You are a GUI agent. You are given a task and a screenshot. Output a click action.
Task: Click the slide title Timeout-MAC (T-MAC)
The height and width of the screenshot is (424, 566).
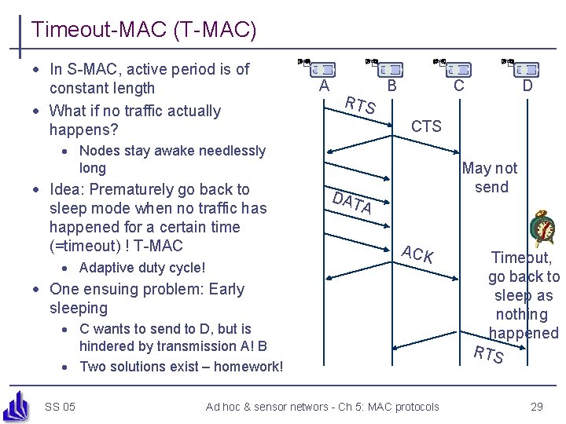coord(144,31)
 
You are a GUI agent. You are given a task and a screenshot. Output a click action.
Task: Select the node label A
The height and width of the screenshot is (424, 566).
coord(324,86)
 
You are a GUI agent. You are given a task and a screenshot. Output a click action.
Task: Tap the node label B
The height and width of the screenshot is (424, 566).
coord(391,86)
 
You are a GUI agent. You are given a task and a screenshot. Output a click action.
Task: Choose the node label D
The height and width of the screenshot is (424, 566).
coord(527,86)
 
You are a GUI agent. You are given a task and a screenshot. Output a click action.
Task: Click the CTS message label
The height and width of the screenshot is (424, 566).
coord(426,126)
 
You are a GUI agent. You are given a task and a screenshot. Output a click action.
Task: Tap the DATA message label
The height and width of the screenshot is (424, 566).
coord(351,203)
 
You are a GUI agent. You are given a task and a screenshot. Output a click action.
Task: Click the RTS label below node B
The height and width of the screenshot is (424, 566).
coord(361,107)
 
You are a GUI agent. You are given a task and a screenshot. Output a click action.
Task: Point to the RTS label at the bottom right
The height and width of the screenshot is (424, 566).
coord(488,355)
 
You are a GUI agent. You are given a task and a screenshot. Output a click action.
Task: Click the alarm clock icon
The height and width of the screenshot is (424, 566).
coord(543,229)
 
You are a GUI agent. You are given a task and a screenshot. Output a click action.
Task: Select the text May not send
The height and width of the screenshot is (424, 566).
coord(491,177)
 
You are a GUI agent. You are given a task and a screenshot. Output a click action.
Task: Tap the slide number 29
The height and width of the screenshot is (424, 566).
coord(537,406)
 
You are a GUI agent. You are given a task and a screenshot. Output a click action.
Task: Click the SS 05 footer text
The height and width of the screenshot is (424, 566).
coord(60,406)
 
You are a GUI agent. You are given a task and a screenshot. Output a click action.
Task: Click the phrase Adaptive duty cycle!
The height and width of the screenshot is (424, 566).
coord(142,268)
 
